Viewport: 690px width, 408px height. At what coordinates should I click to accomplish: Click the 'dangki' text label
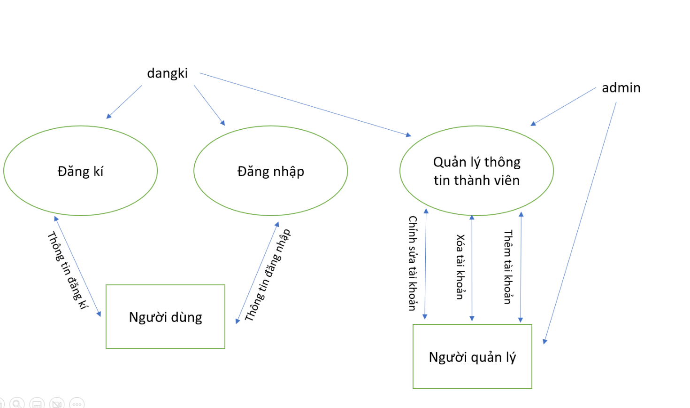tap(167, 73)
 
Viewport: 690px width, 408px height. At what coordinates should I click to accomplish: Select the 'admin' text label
tap(621, 88)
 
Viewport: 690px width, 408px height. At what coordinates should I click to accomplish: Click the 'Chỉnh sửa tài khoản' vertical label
tap(413, 263)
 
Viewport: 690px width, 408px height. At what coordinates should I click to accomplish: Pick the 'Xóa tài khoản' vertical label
tap(460, 267)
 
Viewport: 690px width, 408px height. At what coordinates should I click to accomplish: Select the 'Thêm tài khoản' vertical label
tap(508, 267)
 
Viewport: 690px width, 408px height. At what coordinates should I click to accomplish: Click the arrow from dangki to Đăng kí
tap(124, 102)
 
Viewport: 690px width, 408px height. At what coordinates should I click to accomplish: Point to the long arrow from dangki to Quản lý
tap(305, 104)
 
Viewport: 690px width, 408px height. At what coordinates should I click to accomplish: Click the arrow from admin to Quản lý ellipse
tap(563, 107)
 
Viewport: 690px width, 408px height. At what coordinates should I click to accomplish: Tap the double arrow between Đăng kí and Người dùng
tap(77, 266)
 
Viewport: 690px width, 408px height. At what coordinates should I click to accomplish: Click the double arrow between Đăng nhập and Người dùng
tap(257, 273)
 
